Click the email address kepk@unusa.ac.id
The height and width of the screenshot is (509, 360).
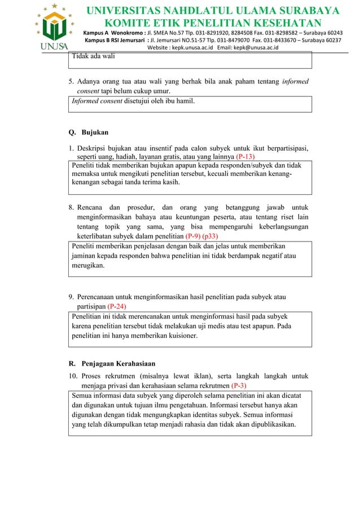pos(260,47)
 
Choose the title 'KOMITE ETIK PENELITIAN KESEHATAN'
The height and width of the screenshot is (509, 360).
pos(212,23)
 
